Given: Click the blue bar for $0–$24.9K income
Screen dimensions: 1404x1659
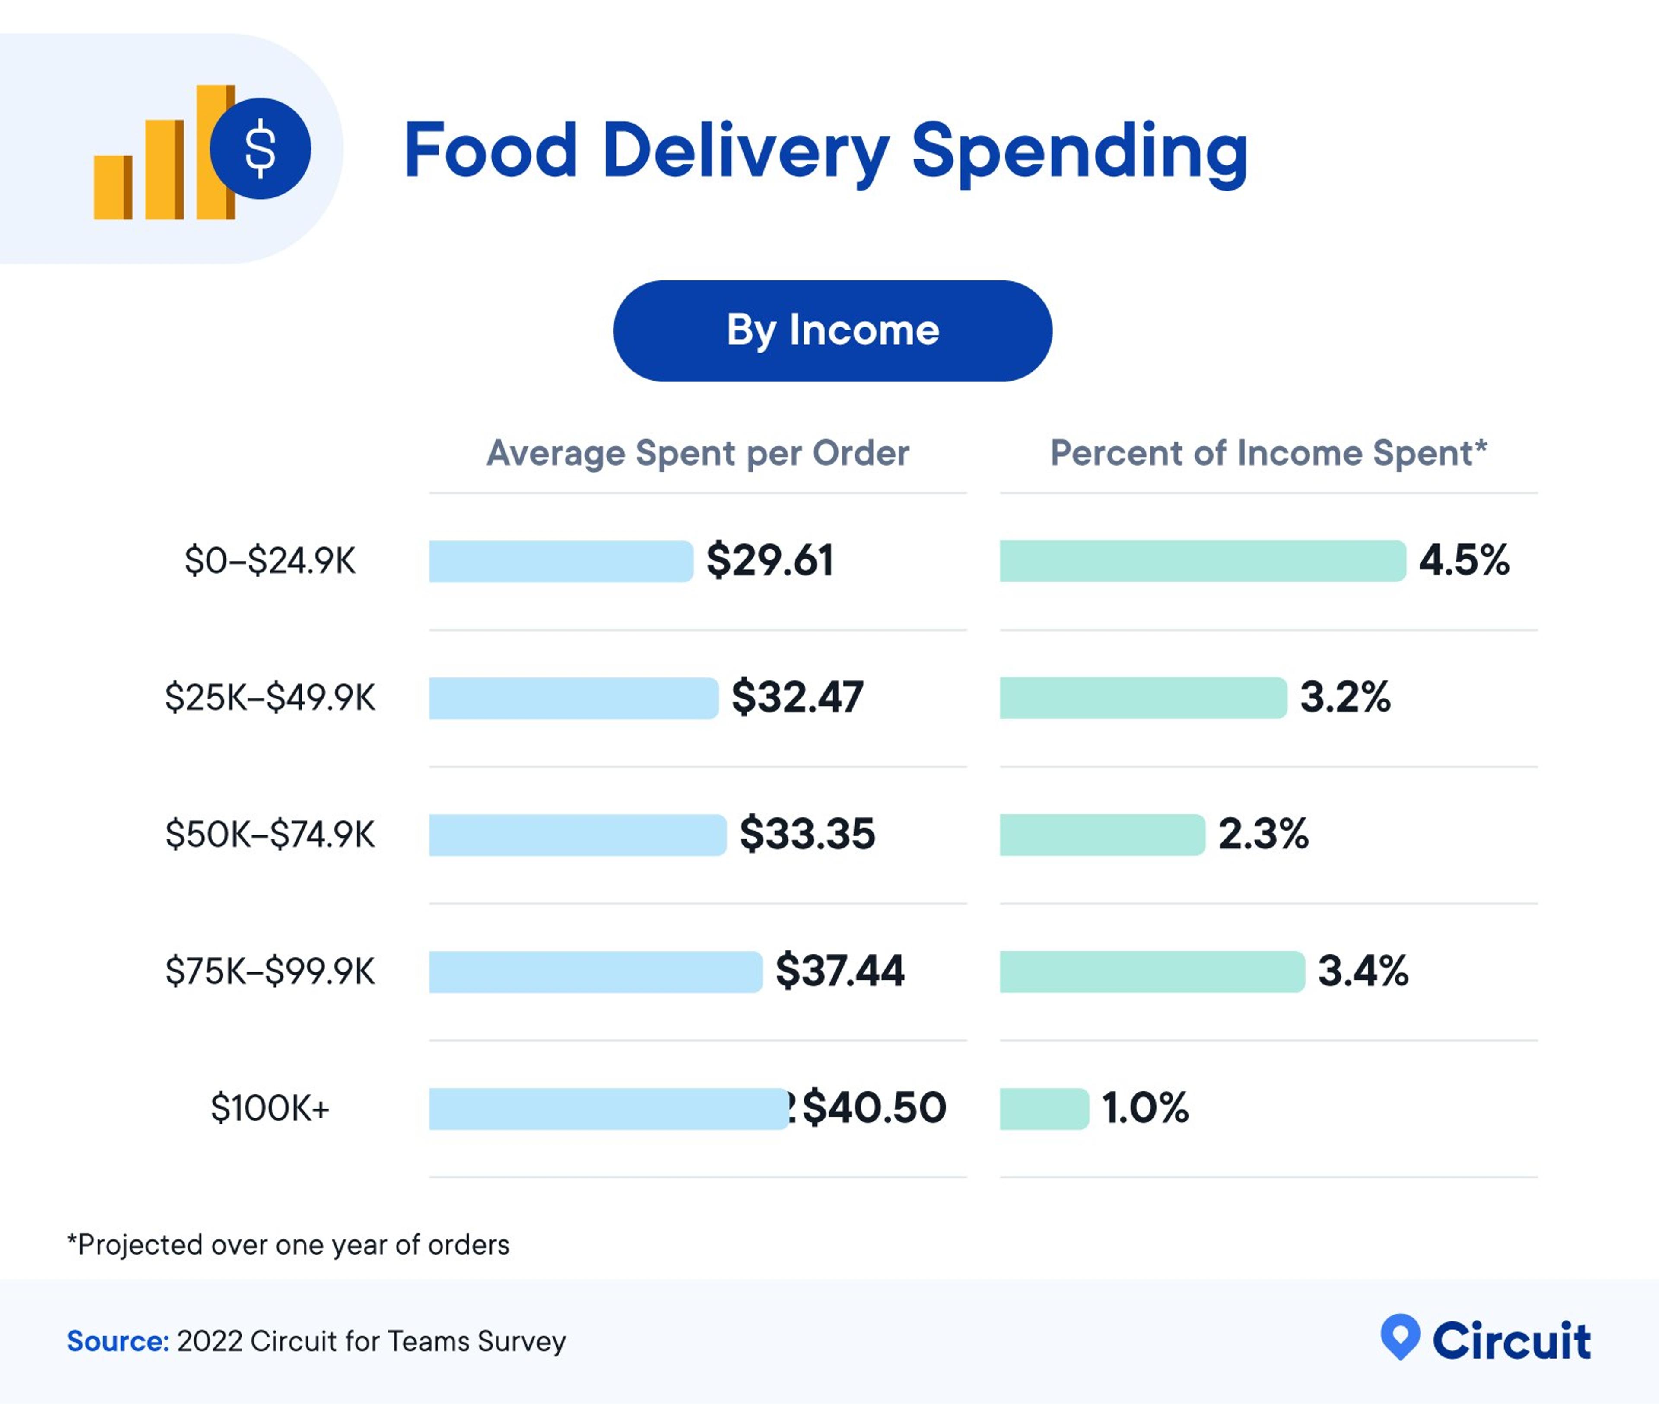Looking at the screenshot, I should point(560,561).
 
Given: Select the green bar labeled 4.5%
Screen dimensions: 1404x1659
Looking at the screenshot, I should point(1202,561).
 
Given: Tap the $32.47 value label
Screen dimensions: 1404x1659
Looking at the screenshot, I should point(797,697).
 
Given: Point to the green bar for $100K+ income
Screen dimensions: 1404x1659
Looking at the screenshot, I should point(1044,1109).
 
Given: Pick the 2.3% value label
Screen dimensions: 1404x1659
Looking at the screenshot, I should point(1263,834).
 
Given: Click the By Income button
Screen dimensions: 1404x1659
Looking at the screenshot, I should point(833,330).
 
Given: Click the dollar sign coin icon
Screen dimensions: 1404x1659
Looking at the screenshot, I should point(261,149).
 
